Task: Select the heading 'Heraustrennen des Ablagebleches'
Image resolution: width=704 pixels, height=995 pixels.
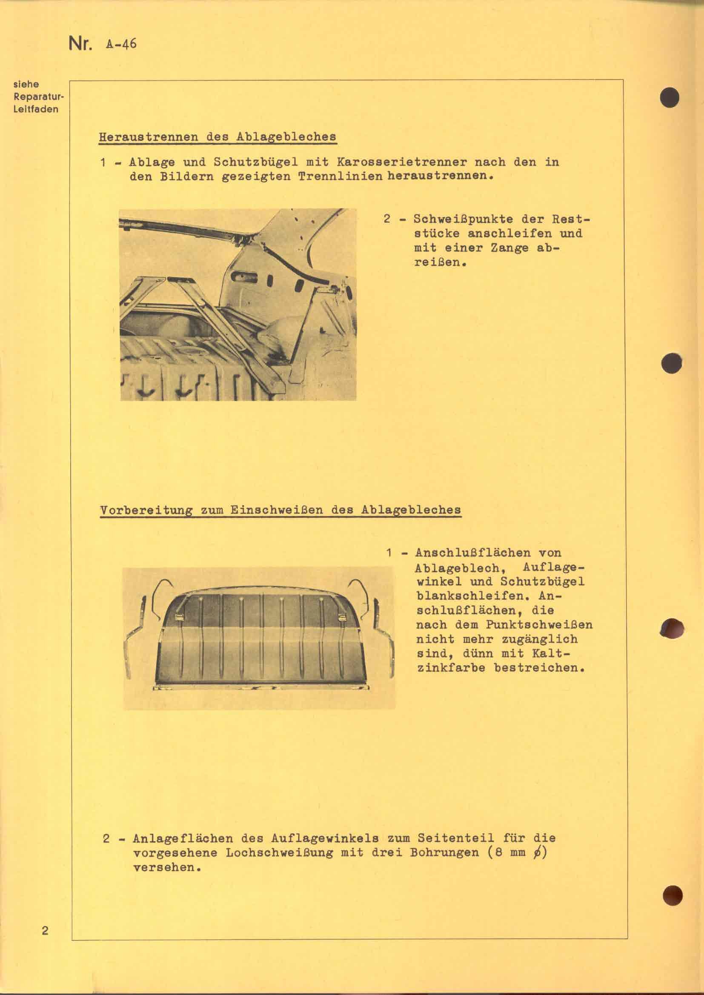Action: click(217, 137)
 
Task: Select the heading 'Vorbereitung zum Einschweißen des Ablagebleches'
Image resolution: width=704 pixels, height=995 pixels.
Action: click(280, 510)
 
